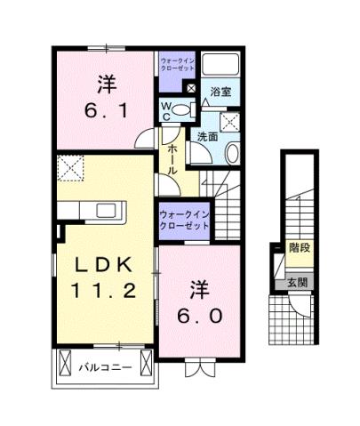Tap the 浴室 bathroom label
(220, 91)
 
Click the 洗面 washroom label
(208, 137)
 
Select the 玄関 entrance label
(297, 283)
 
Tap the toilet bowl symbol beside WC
(180, 110)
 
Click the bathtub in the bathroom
(219, 64)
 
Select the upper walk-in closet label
(177, 65)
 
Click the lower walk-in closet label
(185, 219)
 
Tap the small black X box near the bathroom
(190, 88)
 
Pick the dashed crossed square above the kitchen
(71, 166)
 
